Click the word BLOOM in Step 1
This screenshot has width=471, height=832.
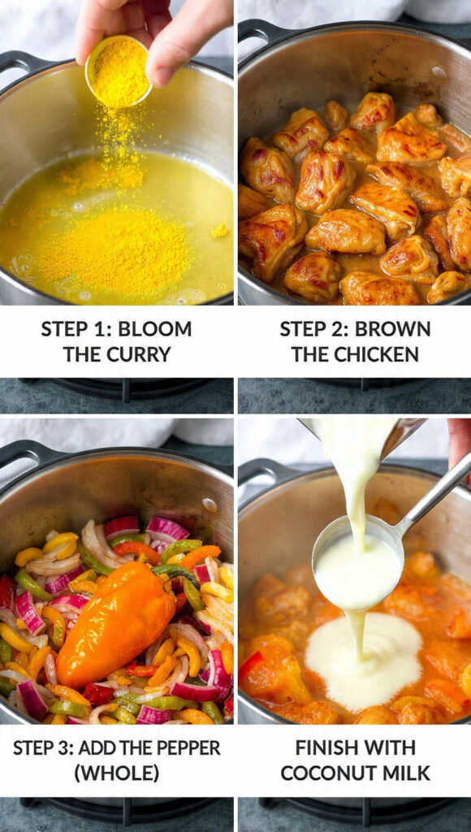[x=155, y=329]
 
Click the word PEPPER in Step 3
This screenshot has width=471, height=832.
[x=181, y=747]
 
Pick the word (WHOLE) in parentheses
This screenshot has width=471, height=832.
[x=116, y=773]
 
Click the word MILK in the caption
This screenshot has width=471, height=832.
[x=408, y=773]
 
